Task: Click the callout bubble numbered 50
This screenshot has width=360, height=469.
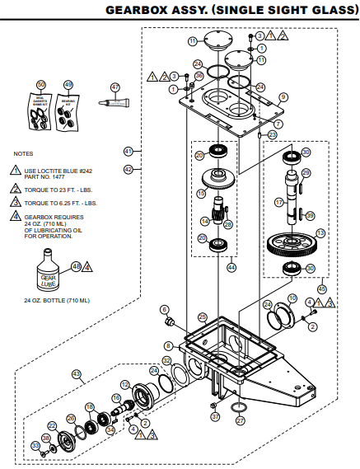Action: (41, 85)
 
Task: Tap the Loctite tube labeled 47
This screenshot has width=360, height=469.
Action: (111, 102)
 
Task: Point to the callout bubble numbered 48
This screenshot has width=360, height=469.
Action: (76, 266)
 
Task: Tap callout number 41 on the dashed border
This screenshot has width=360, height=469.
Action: (128, 152)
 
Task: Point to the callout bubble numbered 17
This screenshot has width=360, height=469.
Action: (279, 201)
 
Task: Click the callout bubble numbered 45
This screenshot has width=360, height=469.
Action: (321, 289)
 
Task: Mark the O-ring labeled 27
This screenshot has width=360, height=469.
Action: (239, 408)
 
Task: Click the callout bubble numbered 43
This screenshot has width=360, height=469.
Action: (78, 373)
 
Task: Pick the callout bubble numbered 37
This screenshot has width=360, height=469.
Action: (216, 418)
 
